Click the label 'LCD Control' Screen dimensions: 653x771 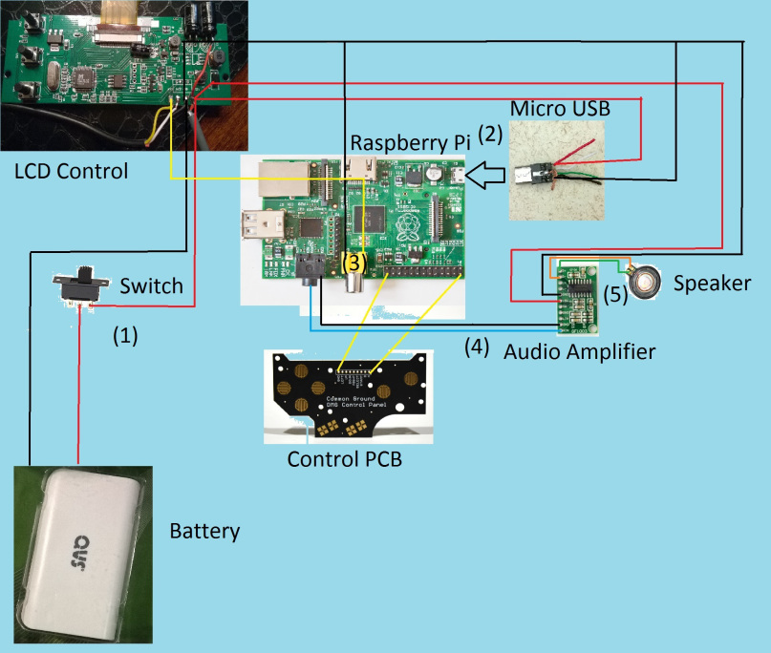(71, 172)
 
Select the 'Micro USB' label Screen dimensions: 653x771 (560, 107)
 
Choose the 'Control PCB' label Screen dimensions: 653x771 (345, 459)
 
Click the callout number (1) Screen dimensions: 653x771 (126, 335)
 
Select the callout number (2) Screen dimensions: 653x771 (490, 133)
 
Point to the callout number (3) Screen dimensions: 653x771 (354, 261)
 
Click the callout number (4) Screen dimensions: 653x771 (477, 346)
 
